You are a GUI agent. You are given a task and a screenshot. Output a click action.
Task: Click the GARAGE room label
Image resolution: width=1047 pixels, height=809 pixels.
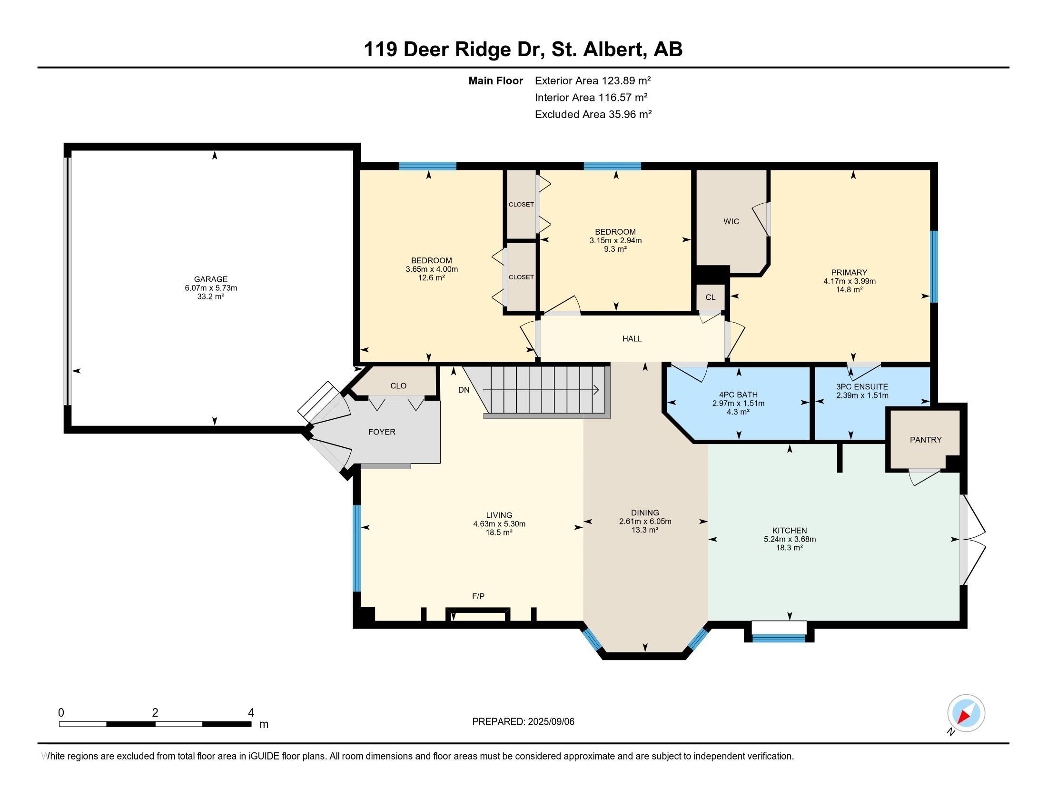[x=210, y=279]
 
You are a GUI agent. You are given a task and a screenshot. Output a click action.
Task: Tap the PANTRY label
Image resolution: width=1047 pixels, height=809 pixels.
[x=926, y=440]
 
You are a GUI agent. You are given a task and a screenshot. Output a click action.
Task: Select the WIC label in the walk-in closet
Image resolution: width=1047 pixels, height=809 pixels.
[x=731, y=221]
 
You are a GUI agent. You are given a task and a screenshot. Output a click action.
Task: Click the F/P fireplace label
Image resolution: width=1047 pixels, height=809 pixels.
[x=478, y=596]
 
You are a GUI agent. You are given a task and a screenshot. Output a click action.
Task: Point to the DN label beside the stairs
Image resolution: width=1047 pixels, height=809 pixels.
[x=464, y=390]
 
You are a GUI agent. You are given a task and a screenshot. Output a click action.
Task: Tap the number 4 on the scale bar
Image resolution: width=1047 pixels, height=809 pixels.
[x=251, y=713]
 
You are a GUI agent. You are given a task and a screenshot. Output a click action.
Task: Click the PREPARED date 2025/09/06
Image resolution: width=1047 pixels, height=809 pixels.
[x=550, y=722]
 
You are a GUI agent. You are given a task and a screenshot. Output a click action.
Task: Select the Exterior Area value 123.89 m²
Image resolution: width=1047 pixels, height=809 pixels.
[x=627, y=80]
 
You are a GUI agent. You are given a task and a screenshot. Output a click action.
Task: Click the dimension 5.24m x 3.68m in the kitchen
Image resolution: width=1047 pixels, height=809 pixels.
[x=790, y=539]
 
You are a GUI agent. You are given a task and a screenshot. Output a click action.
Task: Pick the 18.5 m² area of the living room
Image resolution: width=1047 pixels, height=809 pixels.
[x=499, y=533]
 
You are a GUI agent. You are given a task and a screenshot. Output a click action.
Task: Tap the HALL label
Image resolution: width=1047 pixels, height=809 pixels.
[x=632, y=339]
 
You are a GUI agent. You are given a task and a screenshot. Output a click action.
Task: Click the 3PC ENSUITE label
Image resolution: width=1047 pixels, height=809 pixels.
[x=862, y=387]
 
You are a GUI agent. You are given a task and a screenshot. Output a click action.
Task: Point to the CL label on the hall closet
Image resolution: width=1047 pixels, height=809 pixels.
[x=711, y=297]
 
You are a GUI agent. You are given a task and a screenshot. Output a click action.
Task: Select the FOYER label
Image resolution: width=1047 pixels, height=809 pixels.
[x=382, y=432]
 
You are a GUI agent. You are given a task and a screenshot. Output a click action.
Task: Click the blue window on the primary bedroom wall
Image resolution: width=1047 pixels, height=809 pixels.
[x=934, y=266]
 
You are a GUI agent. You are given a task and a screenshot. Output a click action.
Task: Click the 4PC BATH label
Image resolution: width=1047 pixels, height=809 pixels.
[x=738, y=395]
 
